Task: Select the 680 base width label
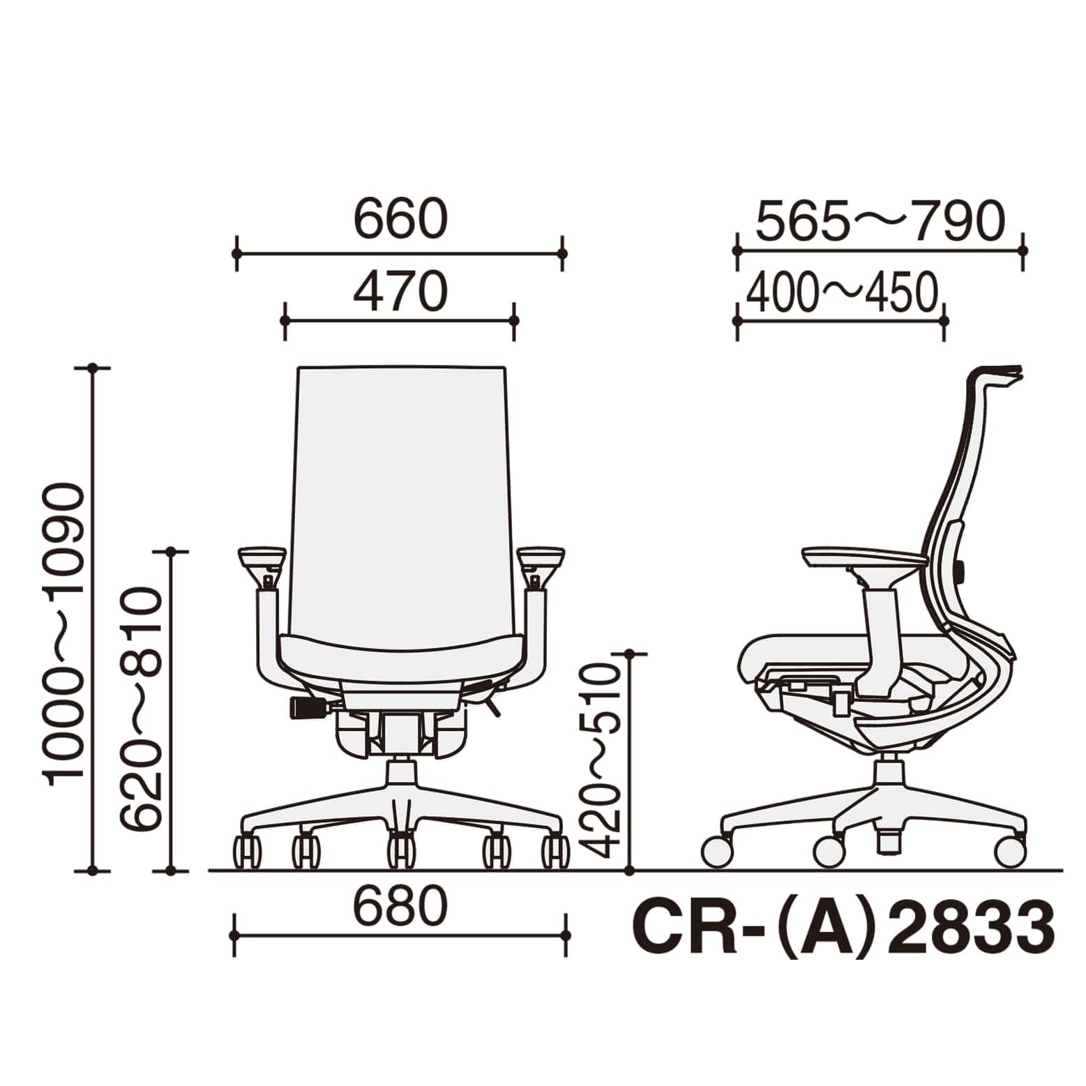point(400,906)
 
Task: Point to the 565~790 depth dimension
point(880,220)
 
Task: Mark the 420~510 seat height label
point(599,760)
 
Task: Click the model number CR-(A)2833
point(843,929)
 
